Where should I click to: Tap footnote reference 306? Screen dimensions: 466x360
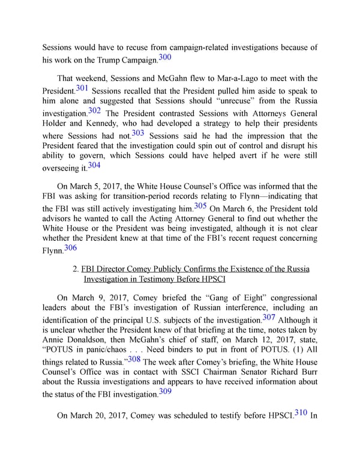[70, 247]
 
